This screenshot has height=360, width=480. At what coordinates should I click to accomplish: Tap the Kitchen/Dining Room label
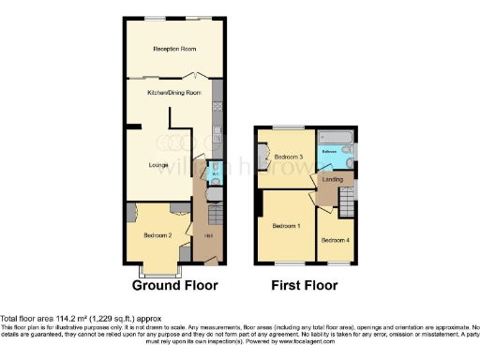[173, 93]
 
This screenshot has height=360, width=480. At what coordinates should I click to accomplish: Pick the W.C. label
[216, 172]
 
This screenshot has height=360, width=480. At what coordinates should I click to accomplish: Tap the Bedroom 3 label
[287, 156]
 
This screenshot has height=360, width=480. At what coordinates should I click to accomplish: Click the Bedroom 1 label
[285, 226]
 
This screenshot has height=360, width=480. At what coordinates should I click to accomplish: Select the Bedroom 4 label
[335, 240]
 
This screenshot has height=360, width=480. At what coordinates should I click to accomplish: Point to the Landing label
[332, 178]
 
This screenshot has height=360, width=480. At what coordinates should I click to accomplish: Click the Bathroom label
[330, 150]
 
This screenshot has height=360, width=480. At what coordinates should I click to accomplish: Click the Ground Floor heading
[174, 285]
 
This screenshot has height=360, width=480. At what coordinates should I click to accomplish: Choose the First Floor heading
[305, 285]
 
